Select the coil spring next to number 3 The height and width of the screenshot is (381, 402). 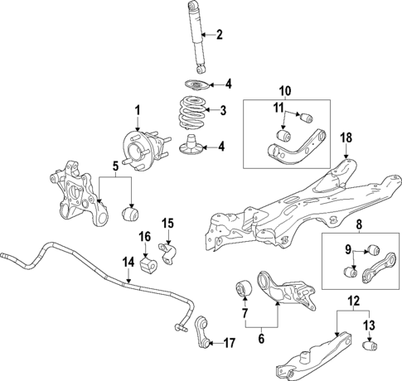(x=193, y=113)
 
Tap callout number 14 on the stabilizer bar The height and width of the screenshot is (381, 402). (x=128, y=263)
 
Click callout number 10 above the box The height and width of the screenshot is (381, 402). (x=287, y=90)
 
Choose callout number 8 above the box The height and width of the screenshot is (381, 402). (x=359, y=224)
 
